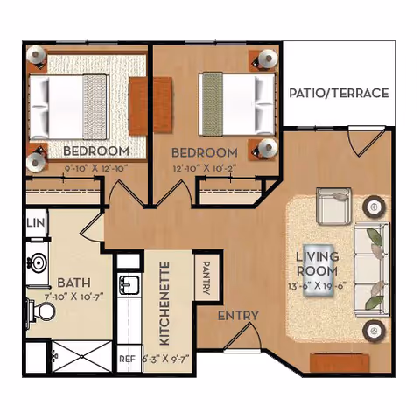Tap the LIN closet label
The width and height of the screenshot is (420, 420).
point(36,225)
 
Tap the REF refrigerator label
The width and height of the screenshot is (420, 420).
point(126,359)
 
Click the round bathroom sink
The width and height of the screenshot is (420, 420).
point(38,262)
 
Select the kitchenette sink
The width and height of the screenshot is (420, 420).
point(129,285)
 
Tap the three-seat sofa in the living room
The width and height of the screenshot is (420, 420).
point(371,269)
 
